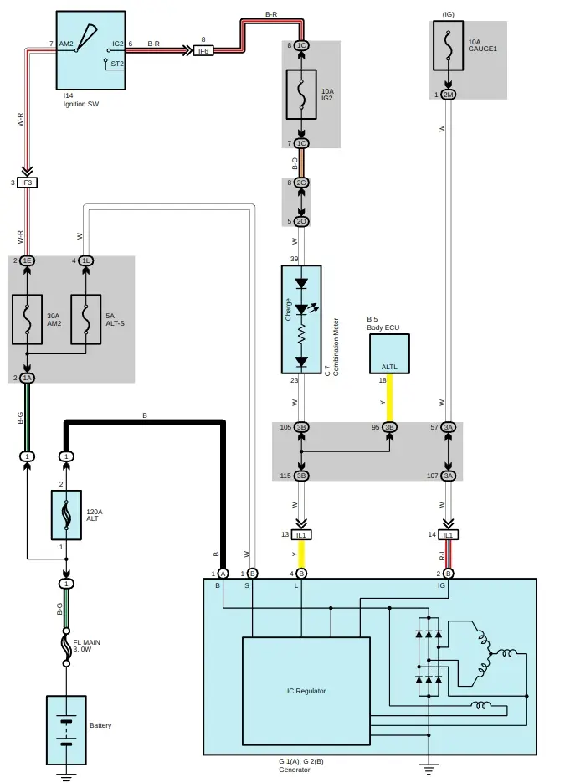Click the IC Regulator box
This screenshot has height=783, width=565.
(x=306, y=691)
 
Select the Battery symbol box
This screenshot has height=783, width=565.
(x=65, y=729)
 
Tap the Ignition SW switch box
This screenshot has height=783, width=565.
(x=90, y=50)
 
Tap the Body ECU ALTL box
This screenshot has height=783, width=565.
(x=389, y=354)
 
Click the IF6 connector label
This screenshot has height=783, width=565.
(x=203, y=51)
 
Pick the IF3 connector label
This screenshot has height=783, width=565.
(x=27, y=182)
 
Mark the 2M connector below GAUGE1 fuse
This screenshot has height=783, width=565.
(x=449, y=95)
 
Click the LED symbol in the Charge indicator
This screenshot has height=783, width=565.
(x=301, y=309)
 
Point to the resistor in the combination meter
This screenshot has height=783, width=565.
(x=301, y=337)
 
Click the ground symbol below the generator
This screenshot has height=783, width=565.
(x=428, y=766)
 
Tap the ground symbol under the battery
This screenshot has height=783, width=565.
(x=65, y=775)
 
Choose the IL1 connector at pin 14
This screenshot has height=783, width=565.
(x=448, y=534)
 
